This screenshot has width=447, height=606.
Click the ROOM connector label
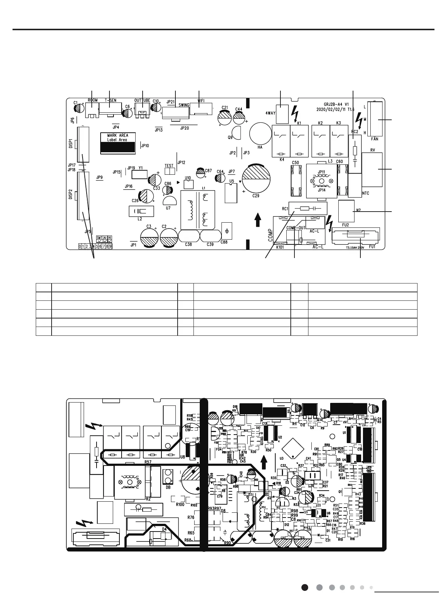point(93,100)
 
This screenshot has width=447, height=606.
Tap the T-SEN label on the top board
point(111,100)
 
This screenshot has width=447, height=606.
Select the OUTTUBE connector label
point(142,100)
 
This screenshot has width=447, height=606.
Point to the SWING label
point(184,105)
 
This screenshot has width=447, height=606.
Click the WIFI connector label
point(201,100)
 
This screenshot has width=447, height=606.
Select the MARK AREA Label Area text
point(118,137)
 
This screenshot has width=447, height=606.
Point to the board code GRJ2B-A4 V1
point(333,104)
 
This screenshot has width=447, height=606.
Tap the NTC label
point(366,193)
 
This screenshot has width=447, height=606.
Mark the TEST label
point(169,166)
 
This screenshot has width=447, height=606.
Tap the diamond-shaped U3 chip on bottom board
point(293,448)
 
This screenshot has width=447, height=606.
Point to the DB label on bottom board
point(168,487)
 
